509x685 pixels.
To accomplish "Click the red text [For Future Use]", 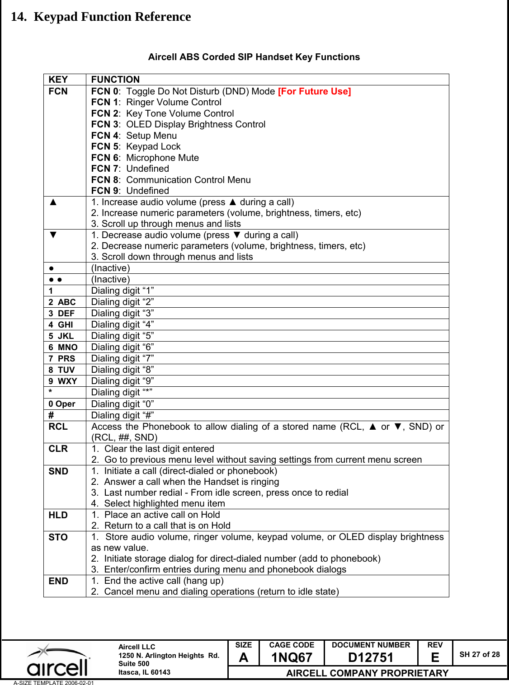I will pyautogui.click(x=314, y=91).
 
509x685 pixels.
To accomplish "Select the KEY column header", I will pyautogui.click(x=58, y=80).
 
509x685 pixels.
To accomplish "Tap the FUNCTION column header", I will pyautogui.click(x=115, y=80).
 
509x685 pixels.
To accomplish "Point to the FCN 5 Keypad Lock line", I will pyautogui.click(x=136, y=146).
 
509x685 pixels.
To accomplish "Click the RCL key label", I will pyautogui.click(x=58, y=427).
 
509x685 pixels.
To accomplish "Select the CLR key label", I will pyautogui.click(x=58, y=449).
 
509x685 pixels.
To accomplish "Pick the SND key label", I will pyautogui.click(x=58, y=471).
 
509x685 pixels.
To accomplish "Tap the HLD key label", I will pyautogui.click(x=58, y=515).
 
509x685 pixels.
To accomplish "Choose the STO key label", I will pyautogui.click(x=58, y=537).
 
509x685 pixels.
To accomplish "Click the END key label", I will pyautogui.click(x=58, y=581).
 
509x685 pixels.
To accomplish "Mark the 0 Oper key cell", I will pyautogui.click(x=62, y=404).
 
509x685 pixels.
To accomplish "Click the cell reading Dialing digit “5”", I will pyautogui.click(x=123, y=336).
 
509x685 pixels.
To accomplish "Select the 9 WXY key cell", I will pyautogui.click(x=63, y=381).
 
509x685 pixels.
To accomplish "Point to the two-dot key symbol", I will pyautogui.click(x=56, y=280).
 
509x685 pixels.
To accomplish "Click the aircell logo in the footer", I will pyautogui.click(x=57, y=661).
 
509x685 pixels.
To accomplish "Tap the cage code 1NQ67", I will pyautogui.click(x=292, y=657).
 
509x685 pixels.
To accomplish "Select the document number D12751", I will pyautogui.click(x=371, y=657).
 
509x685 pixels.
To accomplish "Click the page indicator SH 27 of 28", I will pyautogui.click(x=480, y=654).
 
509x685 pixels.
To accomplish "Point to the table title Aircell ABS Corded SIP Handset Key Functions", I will pyautogui.click(x=254, y=57).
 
